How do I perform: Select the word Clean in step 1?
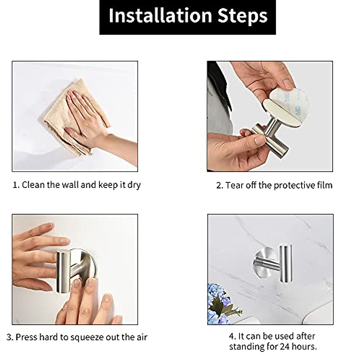(x=33, y=184)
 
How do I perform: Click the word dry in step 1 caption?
(x=134, y=185)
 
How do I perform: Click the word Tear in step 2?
(x=234, y=185)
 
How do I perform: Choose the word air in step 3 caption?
(x=141, y=337)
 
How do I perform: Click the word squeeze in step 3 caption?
(x=88, y=337)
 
